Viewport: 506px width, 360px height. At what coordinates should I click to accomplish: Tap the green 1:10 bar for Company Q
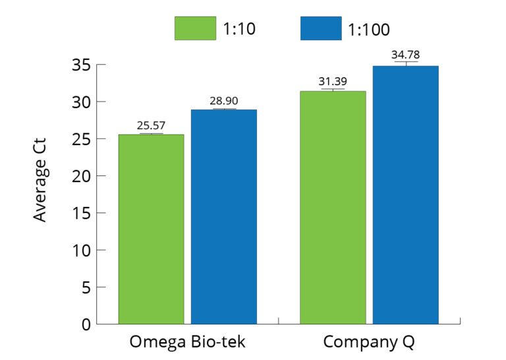[333, 207]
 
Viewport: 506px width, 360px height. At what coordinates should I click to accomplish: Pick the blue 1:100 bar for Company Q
[405, 195]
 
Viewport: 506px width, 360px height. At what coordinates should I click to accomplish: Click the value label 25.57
[151, 125]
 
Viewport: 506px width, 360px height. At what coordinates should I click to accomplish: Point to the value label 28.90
[224, 101]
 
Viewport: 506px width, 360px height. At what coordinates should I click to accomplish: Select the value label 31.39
[333, 82]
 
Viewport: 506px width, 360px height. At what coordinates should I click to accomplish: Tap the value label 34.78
[405, 55]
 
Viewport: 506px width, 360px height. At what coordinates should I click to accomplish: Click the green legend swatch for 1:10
[195, 28]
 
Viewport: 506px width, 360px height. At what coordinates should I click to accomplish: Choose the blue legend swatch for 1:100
[321, 28]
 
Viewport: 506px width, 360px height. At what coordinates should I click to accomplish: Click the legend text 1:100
[369, 29]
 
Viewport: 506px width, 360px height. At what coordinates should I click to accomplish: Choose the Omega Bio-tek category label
[187, 343]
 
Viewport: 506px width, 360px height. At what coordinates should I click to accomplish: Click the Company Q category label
[369, 343]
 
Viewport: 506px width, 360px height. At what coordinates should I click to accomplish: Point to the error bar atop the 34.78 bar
[405, 63]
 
